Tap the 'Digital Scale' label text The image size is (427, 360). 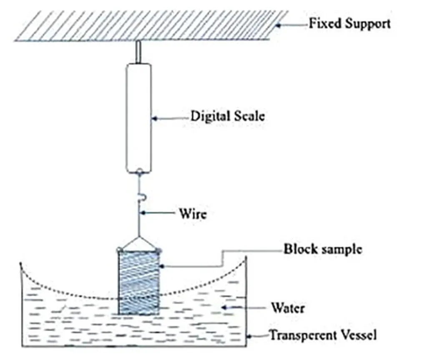pos(227,116)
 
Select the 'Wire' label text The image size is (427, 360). pos(193,214)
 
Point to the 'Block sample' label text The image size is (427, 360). pos(322,250)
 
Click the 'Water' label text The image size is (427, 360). pos(288,308)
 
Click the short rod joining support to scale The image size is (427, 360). pos(138,52)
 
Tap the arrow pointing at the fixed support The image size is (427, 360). pos(292,24)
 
